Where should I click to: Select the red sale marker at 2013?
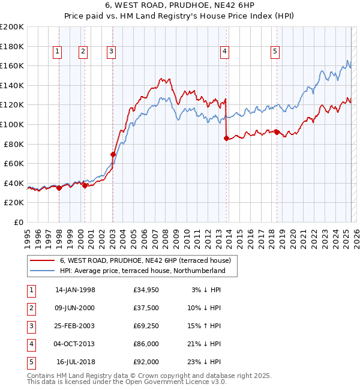point(226,138)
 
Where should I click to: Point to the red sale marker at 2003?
point(112,154)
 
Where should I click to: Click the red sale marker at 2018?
point(277,132)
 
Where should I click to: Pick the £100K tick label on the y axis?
point(12,124)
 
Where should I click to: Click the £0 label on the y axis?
point(18,222)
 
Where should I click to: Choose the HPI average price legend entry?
point(142,271)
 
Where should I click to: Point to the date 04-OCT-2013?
point(75,344)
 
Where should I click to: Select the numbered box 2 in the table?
point(30,308)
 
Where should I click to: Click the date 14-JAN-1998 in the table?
point(75,290)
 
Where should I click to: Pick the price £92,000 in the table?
point(146,362)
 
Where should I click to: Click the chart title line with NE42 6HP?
point(179,7)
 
